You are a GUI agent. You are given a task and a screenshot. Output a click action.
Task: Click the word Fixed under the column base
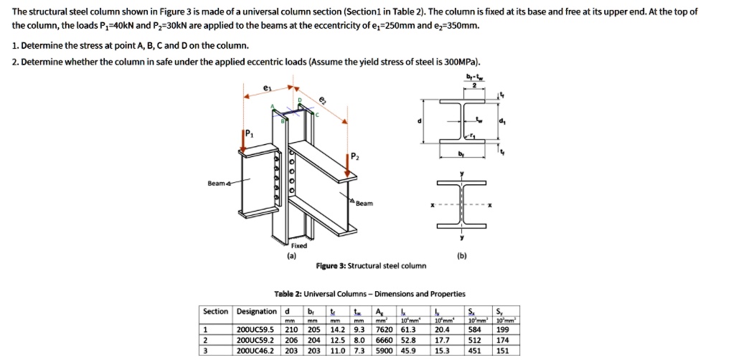tap(298, 245)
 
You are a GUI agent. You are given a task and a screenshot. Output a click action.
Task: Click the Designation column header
tap(256, 311)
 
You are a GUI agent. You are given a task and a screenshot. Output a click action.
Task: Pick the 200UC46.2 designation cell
tap(255, 351)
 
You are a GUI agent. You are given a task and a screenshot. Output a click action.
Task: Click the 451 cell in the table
tap(473, 351)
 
